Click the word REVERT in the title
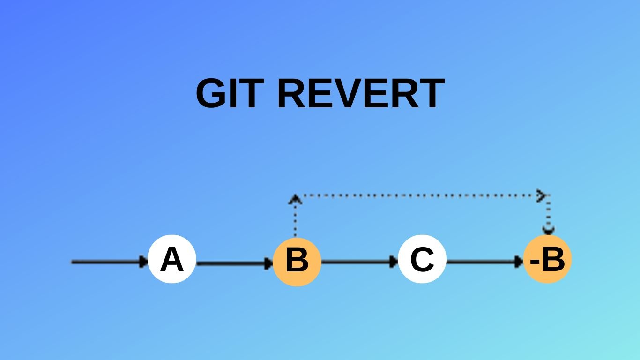click(x=360, y=93)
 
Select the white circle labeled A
click(x=171, y=259)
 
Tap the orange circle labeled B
click(x=297, y=261)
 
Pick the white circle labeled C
click(x=422, y=259)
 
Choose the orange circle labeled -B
click(x=548, y=259)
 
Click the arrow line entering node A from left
click(x=108, y=262)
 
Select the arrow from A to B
click(x=234, y=263)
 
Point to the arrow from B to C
click(x=359, y=262)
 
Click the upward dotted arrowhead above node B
click(x=295, y=199)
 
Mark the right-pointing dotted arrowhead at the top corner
click(x=542, y=195)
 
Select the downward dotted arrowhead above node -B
click(x=548, y=230)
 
